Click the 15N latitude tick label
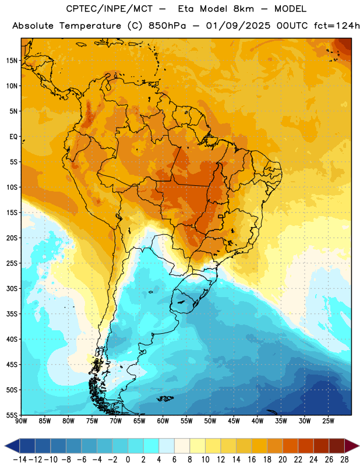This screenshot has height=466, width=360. coord(12,61)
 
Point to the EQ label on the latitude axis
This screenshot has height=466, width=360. coord(13,137)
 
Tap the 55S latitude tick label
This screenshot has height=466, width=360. coord(12,415)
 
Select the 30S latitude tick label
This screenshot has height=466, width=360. coord(12,288)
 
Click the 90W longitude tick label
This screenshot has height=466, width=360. coord(22,421)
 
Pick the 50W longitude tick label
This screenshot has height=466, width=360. coord(210,421)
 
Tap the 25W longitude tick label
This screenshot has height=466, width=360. coord(328,421)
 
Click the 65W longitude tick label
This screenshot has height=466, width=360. coord(139,421)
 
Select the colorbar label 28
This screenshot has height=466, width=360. coord(344,460)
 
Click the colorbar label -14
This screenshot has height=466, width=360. coord(20,460)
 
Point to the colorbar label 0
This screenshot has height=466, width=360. coord(128,460)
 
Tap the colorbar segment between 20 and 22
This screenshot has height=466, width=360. coord(291,446)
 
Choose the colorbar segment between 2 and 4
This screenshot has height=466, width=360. coord(151,446)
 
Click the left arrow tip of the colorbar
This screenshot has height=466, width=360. coord(5,446)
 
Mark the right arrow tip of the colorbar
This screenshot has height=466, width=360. coord(359,446)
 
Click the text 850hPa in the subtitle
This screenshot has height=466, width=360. coord(167,26)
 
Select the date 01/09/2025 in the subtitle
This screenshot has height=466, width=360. coord(238,26)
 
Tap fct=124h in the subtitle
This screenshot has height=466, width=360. coord(337,26)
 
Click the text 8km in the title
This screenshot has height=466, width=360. coord(243,9)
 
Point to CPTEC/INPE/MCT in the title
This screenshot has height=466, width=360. coord(110,9)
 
